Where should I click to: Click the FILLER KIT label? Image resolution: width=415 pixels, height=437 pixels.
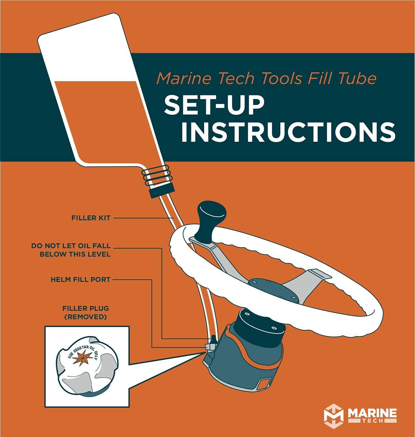[x=91, y=218]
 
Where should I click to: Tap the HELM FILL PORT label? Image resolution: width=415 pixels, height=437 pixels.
[x=80, y=279]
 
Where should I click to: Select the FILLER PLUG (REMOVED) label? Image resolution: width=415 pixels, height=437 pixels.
[x=86, y=312]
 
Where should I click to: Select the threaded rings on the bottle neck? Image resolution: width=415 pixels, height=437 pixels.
[x=157, y=176]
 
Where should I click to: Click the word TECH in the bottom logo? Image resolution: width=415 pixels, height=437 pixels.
[x=373, y=421]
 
